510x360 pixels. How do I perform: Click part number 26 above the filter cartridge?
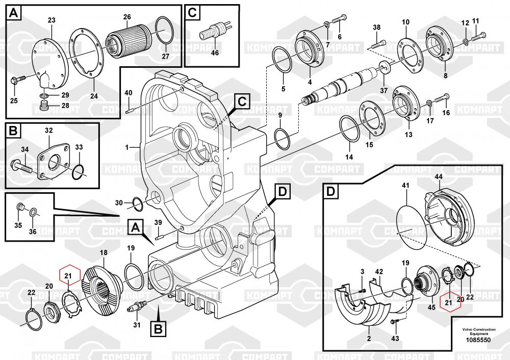coord(127,17)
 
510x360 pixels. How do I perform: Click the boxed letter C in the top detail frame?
coord(193,12)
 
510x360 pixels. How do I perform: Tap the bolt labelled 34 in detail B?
coord(22,166)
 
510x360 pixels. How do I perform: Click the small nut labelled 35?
coord(20,207)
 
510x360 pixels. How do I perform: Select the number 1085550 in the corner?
coord(477,340)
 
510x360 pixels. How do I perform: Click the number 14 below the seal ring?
coord(348,158)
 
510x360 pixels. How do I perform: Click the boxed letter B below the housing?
coord(158,329)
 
